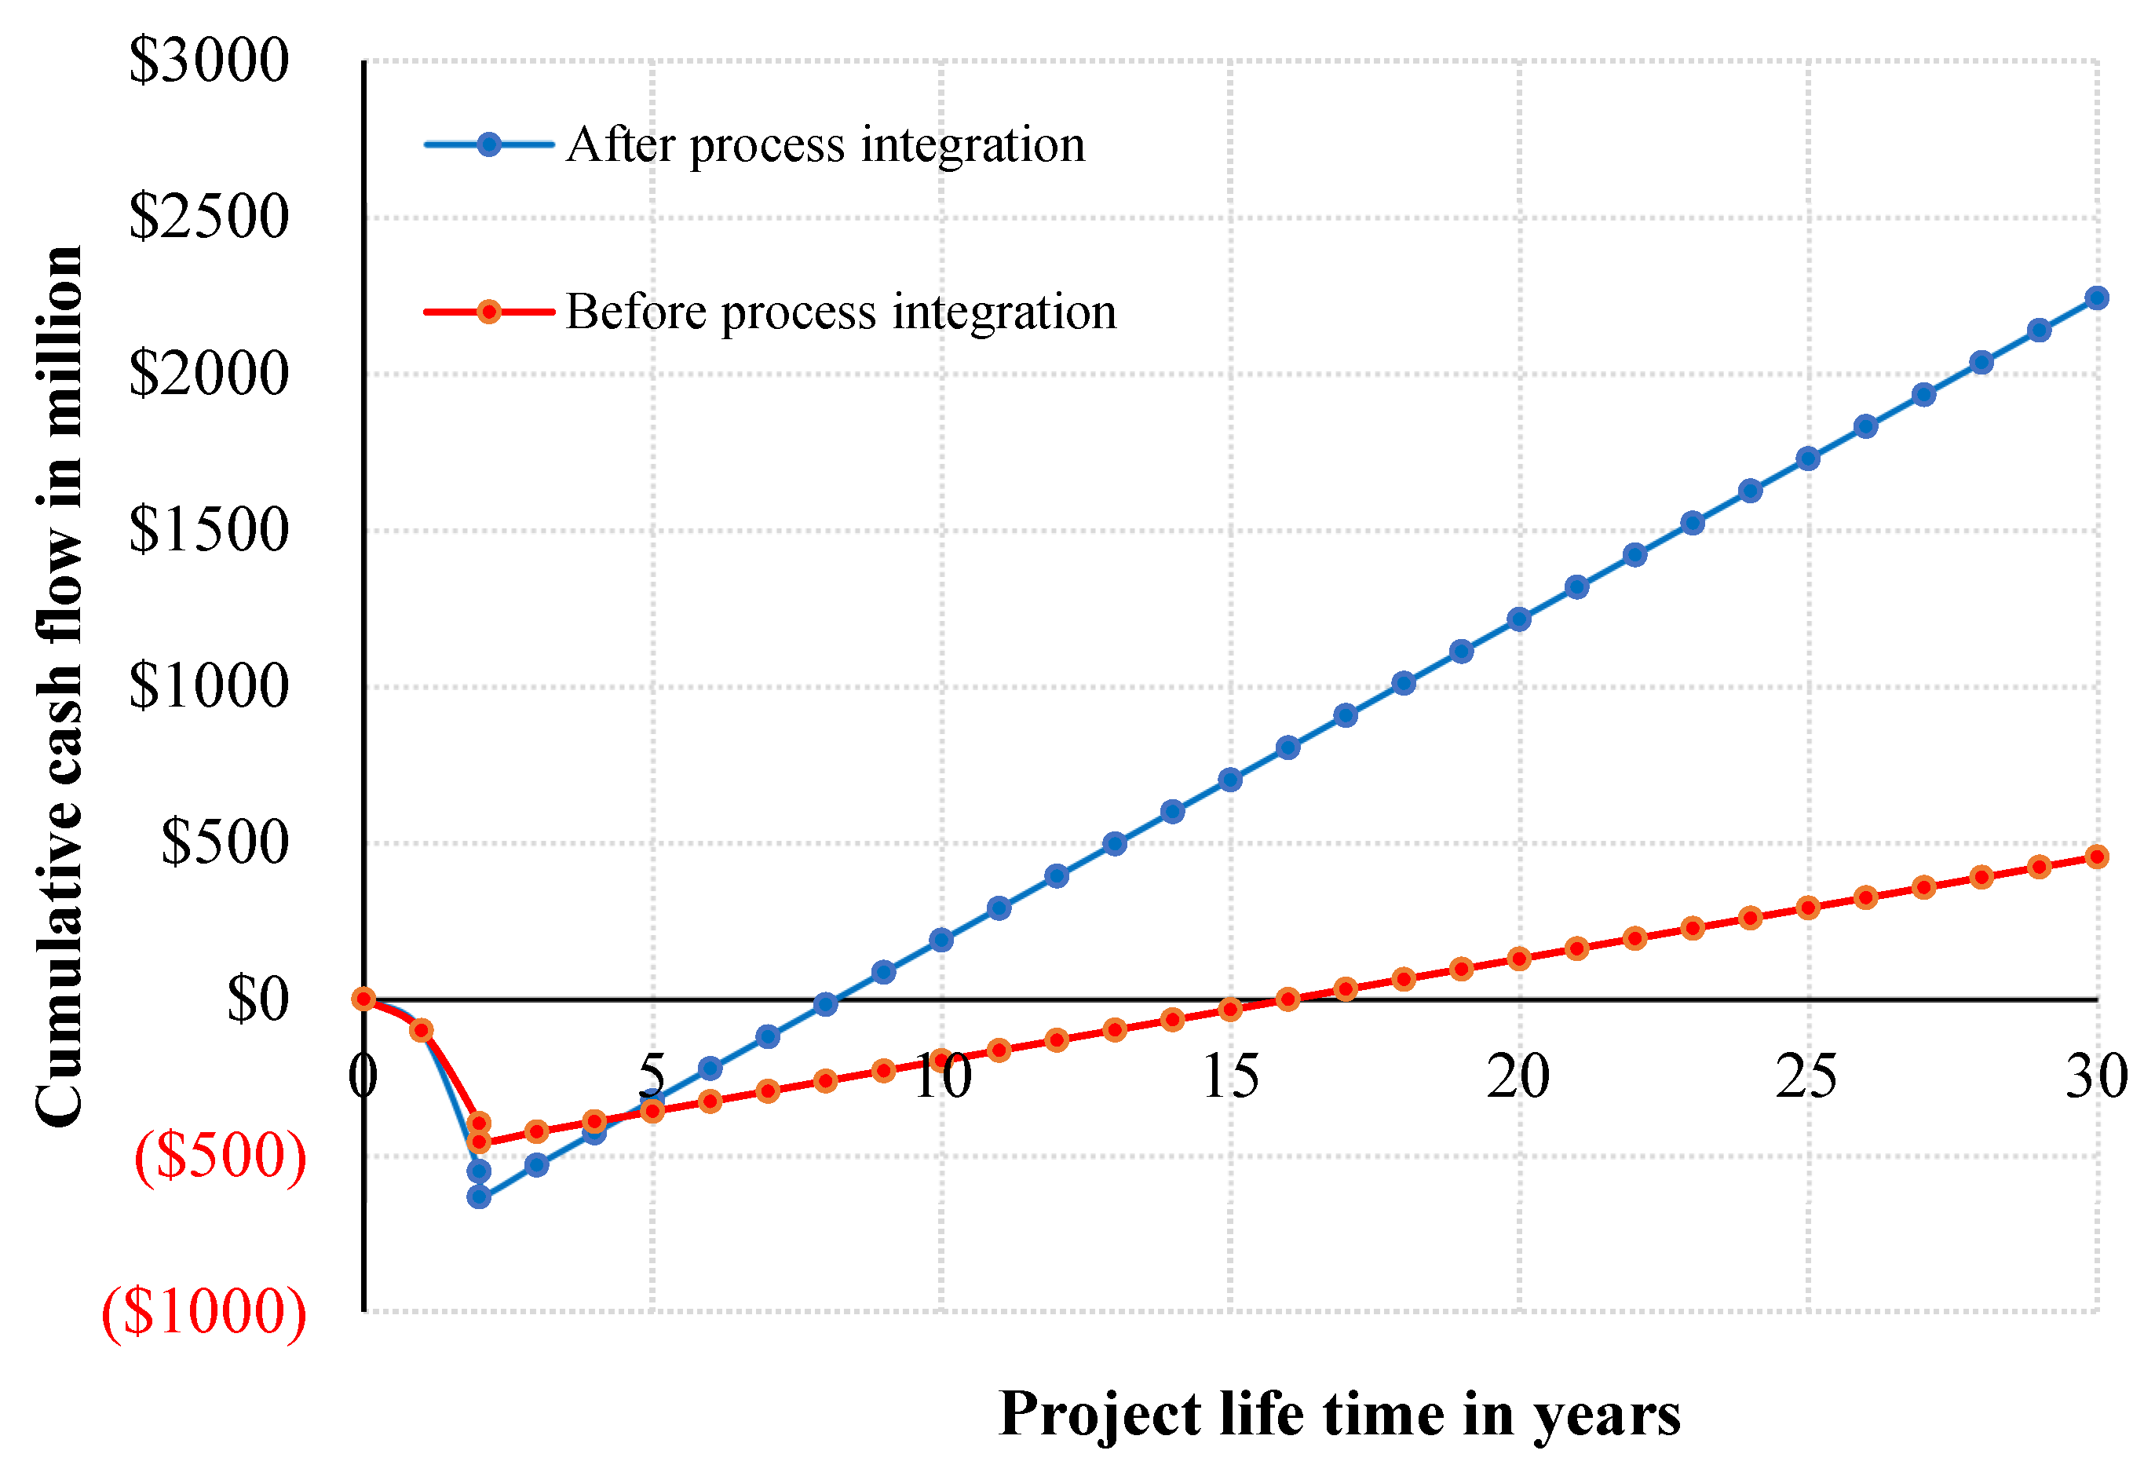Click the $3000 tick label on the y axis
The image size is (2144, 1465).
(x=209, y=61)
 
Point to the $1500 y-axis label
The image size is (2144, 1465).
(x=209, y=531)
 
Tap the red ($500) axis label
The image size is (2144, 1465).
(x=221, y=1156)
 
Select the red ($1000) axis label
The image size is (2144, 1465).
(x=204, y=1312)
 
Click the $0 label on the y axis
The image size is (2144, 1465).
(x=257, y=999)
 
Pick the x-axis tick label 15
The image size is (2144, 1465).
(x=1229, y=1076)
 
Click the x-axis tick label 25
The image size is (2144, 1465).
(x=1806, y=1076)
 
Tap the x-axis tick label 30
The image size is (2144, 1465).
(x=2096, y=1076)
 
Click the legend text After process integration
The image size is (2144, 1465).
(x=826, y=144)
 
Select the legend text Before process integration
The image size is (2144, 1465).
(x=841, y=312)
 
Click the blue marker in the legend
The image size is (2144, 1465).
(x=489, y=144)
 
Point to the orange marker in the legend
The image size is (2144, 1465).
(x=489, y=312)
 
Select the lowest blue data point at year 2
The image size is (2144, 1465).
(x=479, y=1197)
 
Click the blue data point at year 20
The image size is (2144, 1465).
(x=1518, y=619)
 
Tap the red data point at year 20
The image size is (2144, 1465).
(x=1518, y=959)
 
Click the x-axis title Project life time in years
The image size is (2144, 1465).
(x=1339, y=1414)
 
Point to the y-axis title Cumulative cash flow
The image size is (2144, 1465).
(x=59, y=687)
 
